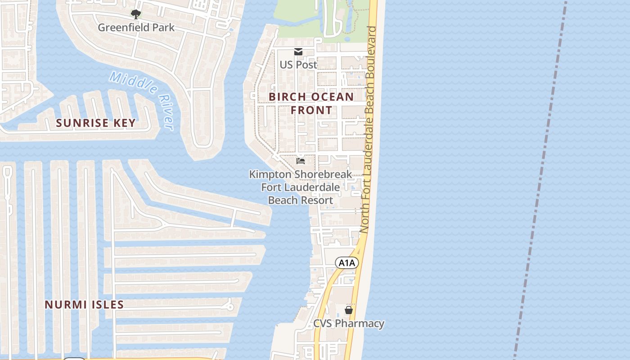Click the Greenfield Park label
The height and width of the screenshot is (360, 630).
pyautogui.click(x=136, y=27)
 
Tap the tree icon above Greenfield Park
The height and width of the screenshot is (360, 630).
pyautogui.click(x=135, y=14)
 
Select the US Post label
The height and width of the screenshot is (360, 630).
pyautogui.click(x=298, y=64)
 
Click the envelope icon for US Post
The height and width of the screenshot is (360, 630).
pyautogui.click(x=298, y=52)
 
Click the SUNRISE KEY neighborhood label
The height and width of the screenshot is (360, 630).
pyautogui.click(x=96, y=123)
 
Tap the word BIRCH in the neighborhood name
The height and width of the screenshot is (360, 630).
pyautogui.click(x=288, y=97)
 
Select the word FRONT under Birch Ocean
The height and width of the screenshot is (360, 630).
pyautogui.click(x=311, y=110)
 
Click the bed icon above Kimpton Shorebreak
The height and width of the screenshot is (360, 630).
pyautogui.click(x=301, y=161)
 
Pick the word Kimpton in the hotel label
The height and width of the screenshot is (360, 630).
pyautogui.click(x=270, y=174)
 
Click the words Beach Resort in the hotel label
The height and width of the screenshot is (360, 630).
pyautogui.click(x=301, y=200)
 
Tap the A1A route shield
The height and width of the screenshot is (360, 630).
pyautogui.click(x=347, y=263)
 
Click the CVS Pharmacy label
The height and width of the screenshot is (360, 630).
pyautogui.click(x=349, y=324)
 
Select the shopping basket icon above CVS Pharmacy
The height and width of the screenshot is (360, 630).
pyautogui.click(x=349, y=310)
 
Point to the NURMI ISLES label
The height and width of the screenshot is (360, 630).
pyautogui.click(x=84, y=305)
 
